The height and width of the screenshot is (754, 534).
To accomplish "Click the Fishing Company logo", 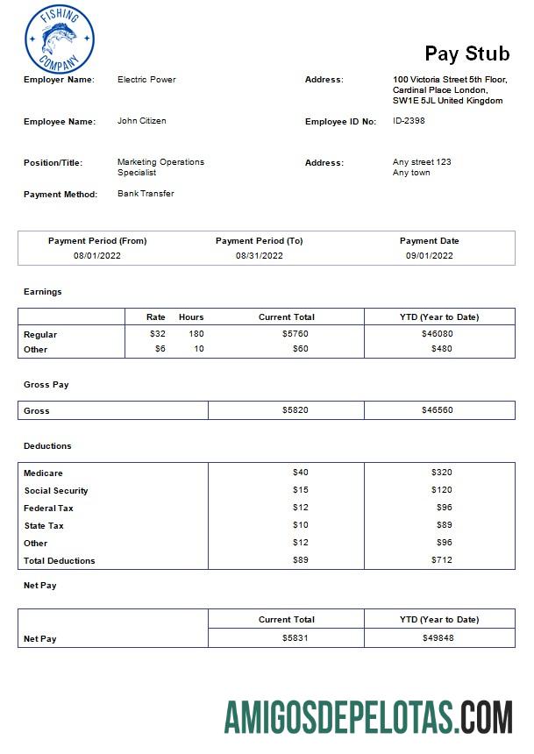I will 60,39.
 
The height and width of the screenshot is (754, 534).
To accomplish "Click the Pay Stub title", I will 466,53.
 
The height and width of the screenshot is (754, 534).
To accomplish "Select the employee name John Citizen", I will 141,121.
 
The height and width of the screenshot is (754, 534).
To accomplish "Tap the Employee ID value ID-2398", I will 409,121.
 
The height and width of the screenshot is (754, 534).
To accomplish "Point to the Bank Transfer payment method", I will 146,194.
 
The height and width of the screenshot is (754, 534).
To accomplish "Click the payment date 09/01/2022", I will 430,256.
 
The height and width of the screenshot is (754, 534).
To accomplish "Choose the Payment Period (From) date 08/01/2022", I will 97,256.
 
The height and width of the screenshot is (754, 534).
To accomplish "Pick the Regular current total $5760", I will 295,334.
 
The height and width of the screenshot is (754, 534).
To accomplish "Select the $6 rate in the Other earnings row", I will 160,349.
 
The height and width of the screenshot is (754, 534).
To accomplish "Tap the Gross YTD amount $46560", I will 437,410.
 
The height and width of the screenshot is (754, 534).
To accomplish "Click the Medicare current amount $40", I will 300,473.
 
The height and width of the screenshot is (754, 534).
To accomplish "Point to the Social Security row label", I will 56,491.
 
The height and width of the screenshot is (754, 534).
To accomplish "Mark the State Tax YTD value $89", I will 444,525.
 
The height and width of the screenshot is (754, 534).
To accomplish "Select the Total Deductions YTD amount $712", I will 441,560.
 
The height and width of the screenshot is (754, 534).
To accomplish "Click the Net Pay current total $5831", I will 295,638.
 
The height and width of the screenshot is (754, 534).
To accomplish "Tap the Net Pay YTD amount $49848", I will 438,638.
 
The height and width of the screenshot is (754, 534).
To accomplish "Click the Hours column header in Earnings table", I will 191,317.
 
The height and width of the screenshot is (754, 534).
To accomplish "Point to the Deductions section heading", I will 47,446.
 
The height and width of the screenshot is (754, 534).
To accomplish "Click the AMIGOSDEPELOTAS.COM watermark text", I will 368,716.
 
